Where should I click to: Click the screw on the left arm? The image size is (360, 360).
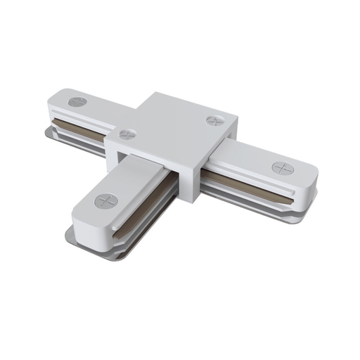77,102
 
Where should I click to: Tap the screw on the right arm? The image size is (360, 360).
281,167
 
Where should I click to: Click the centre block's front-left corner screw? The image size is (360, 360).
127,134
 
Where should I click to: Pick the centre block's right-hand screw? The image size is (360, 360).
215,121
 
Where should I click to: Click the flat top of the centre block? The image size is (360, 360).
172,123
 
